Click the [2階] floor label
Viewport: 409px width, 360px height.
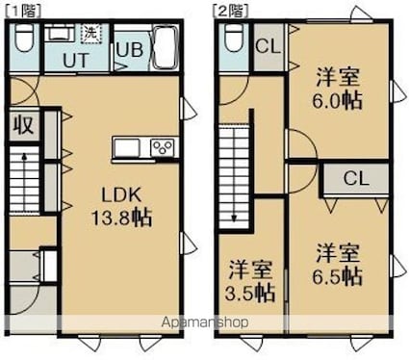click(x=228, y=9)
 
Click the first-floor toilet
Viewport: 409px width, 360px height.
click(x=26, y=40)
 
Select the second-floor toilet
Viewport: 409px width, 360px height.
click(x=233, y=40)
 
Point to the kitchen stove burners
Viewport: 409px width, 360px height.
click(x=161, y=148)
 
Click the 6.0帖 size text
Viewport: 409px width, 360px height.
click(x=339, y=99)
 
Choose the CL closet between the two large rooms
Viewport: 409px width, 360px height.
click(x=355, y=178)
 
